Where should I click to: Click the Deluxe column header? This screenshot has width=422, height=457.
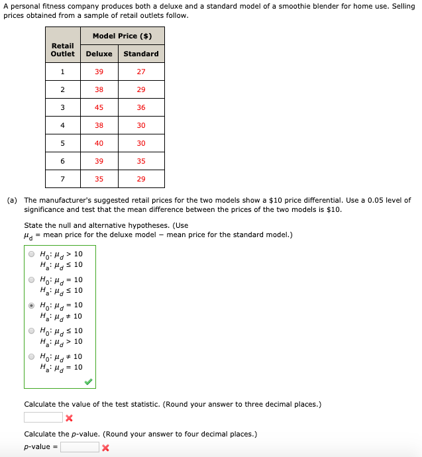[x=99, y=54]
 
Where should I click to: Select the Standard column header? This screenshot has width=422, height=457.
[x=141, y=54]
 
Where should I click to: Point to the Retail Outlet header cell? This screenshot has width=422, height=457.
[x=63, y=50]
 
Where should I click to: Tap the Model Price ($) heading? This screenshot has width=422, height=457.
[x=122, y=36]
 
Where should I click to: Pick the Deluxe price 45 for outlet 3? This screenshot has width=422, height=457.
[x=99, y=107]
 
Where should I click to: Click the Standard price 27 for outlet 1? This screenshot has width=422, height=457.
[x=141, y=72]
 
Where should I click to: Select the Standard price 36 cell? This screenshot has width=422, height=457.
[x=141, y=107]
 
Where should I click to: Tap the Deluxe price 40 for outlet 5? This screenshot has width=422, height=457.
[x=99, y=143]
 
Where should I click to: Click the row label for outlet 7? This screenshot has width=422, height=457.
[x=63, y=179]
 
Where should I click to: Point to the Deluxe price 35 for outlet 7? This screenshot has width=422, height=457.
[x=99, y=179]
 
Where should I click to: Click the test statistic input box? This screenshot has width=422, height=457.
[x=43, y=417]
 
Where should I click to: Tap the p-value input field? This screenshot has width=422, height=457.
[x=79, y=447]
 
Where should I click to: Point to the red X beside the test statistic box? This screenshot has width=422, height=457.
[x=69, y=418]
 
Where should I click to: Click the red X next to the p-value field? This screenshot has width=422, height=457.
[x=105, y=448]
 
